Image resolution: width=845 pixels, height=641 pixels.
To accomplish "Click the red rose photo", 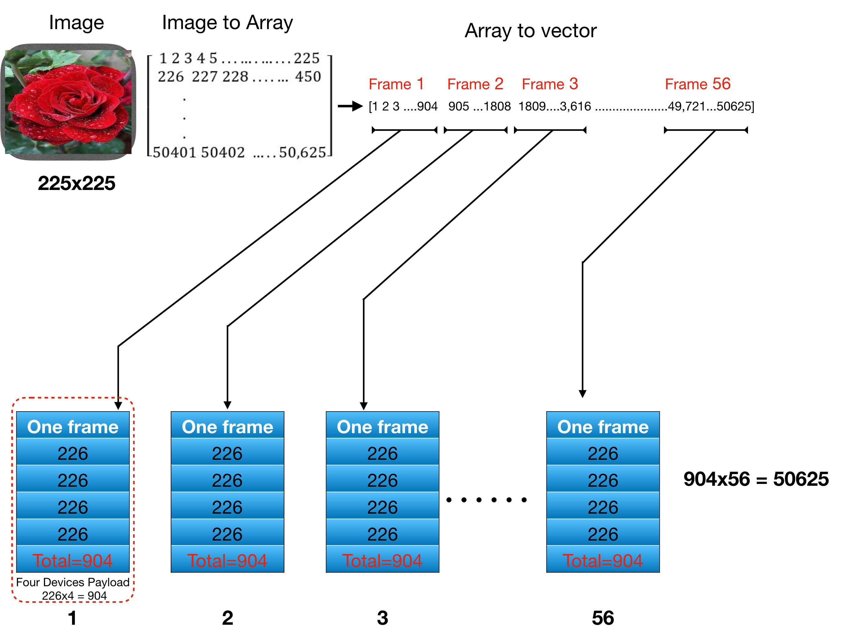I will click(x=69, y=102).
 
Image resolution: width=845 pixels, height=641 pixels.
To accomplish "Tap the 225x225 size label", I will click(x=76, y=183).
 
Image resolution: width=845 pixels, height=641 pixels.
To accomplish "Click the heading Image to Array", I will click(x=227, y=23).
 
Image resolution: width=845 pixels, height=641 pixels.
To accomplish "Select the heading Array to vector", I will click(x=530, y=31).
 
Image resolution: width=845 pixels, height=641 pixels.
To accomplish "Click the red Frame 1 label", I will click(x=396, y=84).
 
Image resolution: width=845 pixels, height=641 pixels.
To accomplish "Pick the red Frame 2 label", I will click(x=475, y=84).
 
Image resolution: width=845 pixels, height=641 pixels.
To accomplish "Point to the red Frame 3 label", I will click(x=550, y=84).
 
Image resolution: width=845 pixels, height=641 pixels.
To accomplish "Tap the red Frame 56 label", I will click(x=697, y=84).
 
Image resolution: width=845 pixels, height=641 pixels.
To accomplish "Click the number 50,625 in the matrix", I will click(x=302, y=152).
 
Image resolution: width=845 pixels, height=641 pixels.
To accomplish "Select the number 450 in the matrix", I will click(x=308, y=77).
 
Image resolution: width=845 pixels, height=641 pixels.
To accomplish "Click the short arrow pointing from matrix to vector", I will click(x=350, y=106).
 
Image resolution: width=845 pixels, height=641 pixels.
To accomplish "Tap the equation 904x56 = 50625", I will click(x=756, y=479).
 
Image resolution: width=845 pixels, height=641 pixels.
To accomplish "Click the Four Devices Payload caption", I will click(x=73, y=582).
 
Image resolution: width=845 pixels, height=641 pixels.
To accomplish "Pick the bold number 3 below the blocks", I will click(x=382, y=618).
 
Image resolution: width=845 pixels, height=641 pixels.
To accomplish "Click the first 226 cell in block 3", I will click(x=382, y=453).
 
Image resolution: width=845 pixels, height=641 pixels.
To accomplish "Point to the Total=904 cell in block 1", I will click(x=73, y=561).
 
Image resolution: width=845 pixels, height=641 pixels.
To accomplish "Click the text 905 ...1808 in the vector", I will click(x=479, y=106).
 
